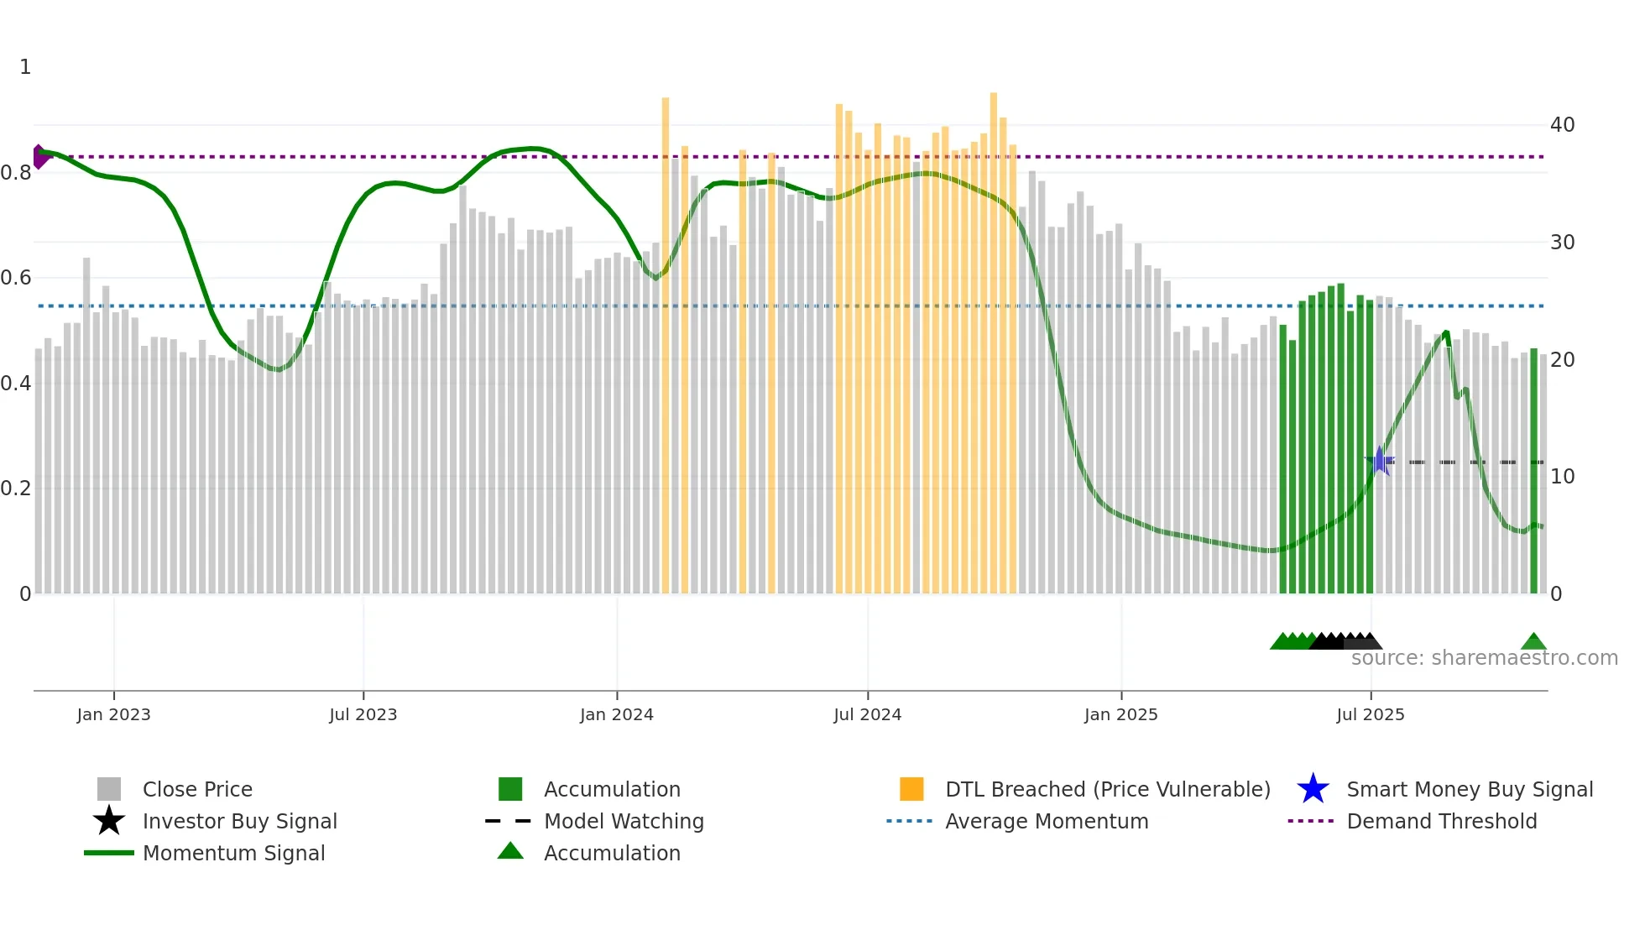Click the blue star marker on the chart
tap(1379, 461)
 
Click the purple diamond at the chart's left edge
tap(39, 157)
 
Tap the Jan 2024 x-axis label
tap(616, 714)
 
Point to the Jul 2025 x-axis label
tap(1370, 714)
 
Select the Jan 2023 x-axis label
tap(113, 714)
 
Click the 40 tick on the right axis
tap(1562, 125)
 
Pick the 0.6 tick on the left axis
tap(16, 278)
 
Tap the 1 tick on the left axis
tap(25, 67)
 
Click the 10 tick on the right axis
tap(1562, 477)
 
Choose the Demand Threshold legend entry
tap(1441, 821)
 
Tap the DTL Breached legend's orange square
tap(911, 789)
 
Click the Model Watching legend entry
tap(623, 821)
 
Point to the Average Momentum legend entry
tap(1046, 821)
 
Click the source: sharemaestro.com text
tap(1484, 658)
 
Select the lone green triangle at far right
tap(1533, 642)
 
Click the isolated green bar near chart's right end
tap(1533, 470)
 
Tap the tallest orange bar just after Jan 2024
tap(666, 344)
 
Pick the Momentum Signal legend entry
tap(233, 853)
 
